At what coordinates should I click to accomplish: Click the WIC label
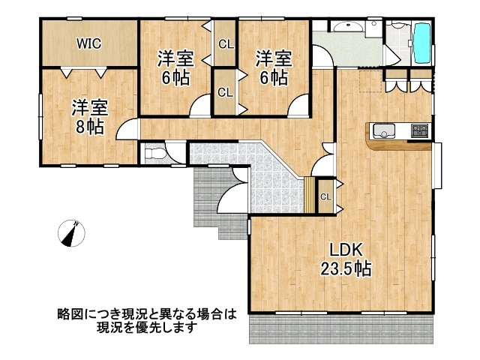[88, 43]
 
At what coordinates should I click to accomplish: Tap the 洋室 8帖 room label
[89, 116]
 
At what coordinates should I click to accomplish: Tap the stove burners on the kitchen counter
[419, 132]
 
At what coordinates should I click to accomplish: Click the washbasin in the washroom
[347, 29]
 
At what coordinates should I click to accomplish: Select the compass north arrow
[73, 233]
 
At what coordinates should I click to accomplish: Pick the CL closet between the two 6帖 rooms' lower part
[224, 92]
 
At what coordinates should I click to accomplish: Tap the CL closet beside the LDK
[325, 196]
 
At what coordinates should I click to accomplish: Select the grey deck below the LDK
[342, 328]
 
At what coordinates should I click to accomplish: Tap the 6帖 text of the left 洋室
[174, 76]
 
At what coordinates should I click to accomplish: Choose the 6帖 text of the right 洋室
[272, 76]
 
